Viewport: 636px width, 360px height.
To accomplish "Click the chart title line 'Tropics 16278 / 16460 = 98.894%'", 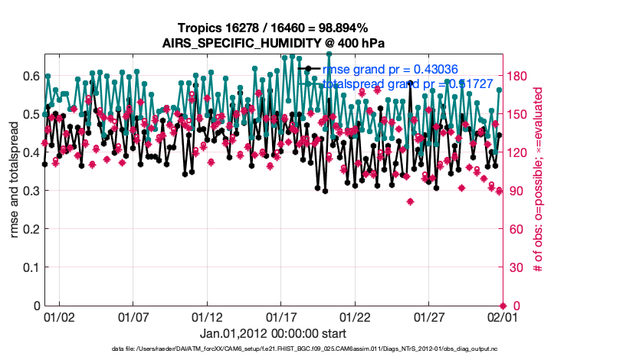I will point(273,28).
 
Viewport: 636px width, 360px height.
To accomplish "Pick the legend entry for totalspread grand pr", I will point(405,83).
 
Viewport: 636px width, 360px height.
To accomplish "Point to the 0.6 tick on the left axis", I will point(31,76).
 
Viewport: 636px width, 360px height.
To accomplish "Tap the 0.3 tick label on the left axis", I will point(31,191).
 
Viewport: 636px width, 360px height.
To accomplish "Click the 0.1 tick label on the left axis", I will point(31,267).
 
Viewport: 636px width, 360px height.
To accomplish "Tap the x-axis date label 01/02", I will point(60,316).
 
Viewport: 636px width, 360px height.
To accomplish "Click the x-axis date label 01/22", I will point(355,316).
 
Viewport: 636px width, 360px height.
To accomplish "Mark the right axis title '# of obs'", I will point(539,179).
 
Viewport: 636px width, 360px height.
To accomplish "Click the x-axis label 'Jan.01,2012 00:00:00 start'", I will point(273,333).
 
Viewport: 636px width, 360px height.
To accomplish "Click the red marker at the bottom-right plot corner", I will point(503,306).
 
